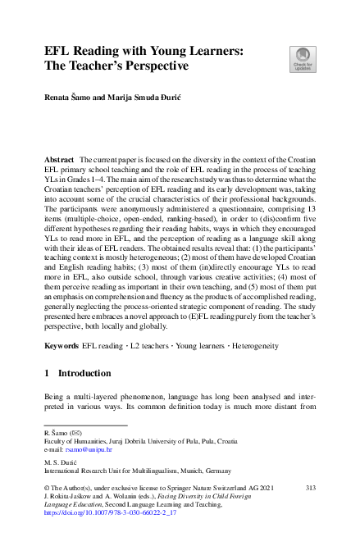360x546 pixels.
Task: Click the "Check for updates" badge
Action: pos(302,60)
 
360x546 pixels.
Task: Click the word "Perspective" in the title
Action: pos(152,66)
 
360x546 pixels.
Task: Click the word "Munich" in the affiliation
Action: pos(194,472)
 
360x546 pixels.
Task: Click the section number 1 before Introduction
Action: pos(48,374)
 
